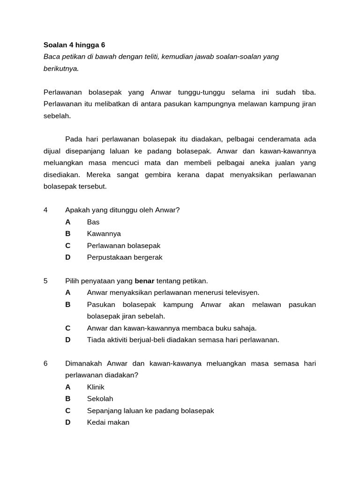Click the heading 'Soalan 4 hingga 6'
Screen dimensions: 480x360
point(74,45)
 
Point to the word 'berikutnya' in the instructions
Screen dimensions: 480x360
point(61,68)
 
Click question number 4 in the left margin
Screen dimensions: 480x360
point(45,210)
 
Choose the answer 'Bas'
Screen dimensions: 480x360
point(93,222)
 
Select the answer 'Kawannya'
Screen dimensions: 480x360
point(104,234)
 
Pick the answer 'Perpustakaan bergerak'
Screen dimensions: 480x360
point(125,257)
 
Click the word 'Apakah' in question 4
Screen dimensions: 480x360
point(77,210)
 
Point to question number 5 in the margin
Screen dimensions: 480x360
point(45,281)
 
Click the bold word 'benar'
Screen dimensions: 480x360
point(144,281)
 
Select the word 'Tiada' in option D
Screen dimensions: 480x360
point(96,340)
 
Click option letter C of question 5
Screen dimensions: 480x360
point(68,328)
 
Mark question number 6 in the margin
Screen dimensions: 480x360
point(45,364)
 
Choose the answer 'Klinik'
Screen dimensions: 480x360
point(96,387)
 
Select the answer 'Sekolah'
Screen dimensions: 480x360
point(100,399)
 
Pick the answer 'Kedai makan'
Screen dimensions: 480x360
point(108,422)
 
